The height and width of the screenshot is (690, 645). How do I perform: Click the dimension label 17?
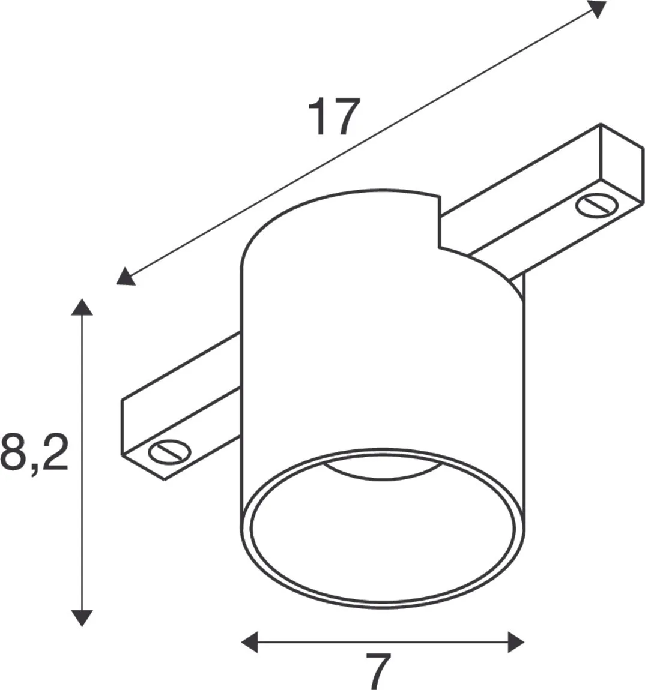[x=334, y=117]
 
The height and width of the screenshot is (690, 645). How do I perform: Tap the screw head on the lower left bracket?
[x=169, y=452]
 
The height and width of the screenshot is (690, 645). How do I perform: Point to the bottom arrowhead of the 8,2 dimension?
[x=82, y=617]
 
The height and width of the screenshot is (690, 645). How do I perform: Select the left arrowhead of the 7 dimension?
[x=249, y=642]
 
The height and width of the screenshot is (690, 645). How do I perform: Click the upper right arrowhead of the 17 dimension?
[x=597, y=8]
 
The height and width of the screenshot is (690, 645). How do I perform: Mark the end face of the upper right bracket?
[x=622, y=162]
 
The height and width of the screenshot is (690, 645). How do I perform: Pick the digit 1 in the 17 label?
[x=318, y=117]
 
